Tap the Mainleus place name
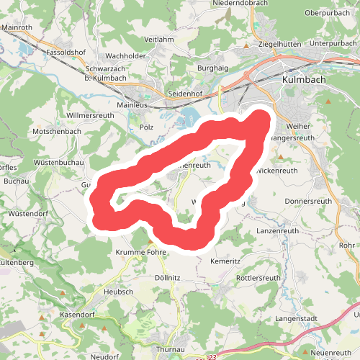click(x=132, y=104)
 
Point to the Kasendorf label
click(x=78, y=315)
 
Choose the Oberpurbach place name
click(x=328, y=13)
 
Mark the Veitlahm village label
click(x=160, y=40)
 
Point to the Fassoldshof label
click(x=66, y=53)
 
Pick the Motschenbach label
click(x=57, y=132)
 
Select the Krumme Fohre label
click(x=141, y=253)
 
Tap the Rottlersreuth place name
click(x=258, y=278)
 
